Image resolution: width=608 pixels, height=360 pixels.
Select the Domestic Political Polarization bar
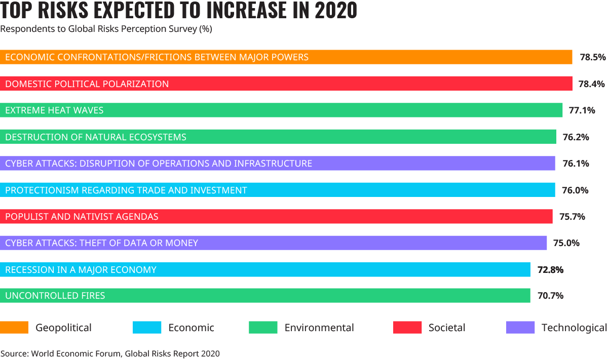point(286,84)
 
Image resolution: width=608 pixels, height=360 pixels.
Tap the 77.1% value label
point(582,110)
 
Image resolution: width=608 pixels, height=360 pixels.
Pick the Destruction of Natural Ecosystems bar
point(278,137)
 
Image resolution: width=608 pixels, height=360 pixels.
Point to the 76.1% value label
point(576,164)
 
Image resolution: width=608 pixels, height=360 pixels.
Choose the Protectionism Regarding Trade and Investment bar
point(278,190)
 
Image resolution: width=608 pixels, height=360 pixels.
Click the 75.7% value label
point(572,217)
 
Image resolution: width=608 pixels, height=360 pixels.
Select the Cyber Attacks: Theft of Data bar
point(274,243)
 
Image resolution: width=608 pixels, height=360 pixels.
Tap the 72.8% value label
point(550,270)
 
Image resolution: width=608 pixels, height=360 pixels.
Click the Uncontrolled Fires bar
point(265,295)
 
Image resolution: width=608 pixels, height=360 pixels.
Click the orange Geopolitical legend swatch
point(14,328)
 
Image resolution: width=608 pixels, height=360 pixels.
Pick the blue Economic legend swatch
point(147,328)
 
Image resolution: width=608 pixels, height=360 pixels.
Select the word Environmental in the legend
point(319,328)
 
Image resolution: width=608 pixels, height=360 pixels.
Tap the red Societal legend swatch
point(407,328)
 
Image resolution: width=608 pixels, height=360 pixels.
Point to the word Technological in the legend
point(574,328)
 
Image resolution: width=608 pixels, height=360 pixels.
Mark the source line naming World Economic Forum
point(110,353)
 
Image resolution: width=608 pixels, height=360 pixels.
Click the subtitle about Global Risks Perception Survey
point(106,29)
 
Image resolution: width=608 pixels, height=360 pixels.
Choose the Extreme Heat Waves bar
point(281,110)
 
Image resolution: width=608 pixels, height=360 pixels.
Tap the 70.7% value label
point(550,296)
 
